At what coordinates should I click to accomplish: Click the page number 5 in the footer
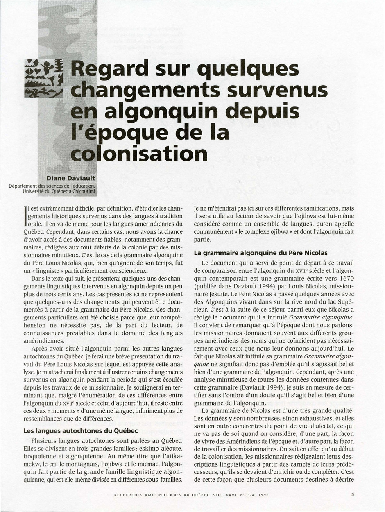tap(353, 494)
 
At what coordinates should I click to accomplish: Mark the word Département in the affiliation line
tap(23, 186)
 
